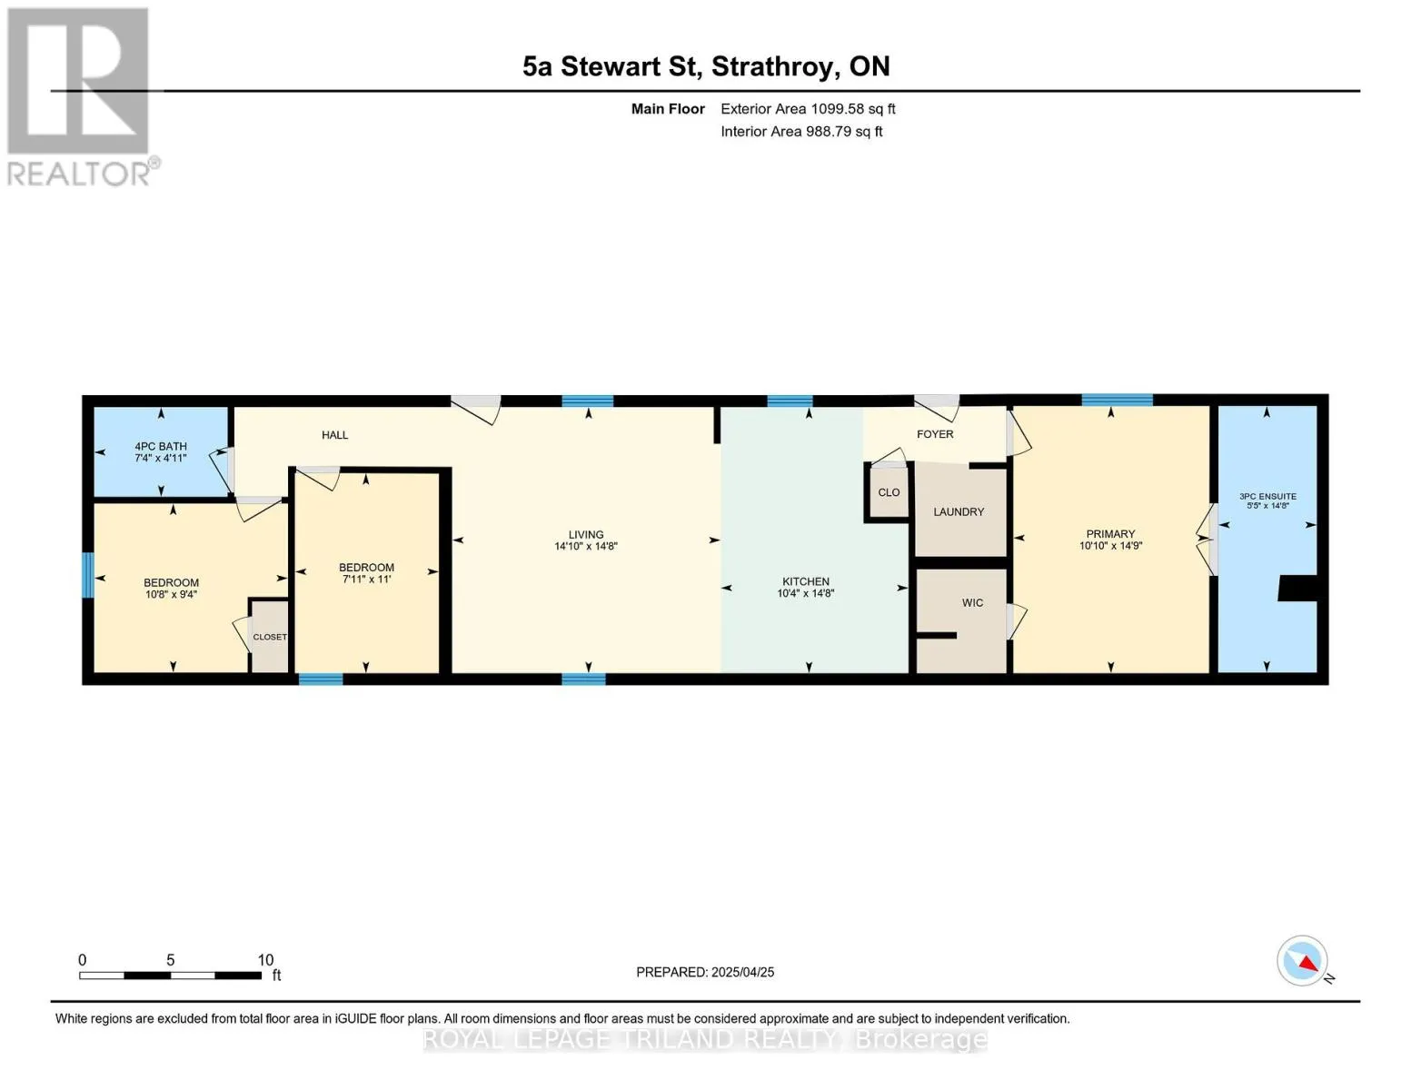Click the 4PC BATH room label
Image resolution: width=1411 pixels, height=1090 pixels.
pyautogui.click(x=161, y=446)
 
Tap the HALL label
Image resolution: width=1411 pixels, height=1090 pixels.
pyautogui.click(x=335, y=435)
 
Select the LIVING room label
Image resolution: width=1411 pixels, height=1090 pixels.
pyautogui.click(x=586, y=535)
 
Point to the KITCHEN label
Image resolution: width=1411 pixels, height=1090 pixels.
pyautogui.click(x=805, y=581)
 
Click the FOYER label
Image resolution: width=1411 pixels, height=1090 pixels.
pyautogui.click(x=935, y=434)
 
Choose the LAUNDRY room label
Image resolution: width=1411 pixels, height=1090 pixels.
pyautogui.click(x=959, y=512)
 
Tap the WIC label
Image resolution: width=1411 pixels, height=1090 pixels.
pyautogui.click(x=972, y=603)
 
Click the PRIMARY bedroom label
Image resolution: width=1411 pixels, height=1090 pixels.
pyautogui.click(x=1110, y=534)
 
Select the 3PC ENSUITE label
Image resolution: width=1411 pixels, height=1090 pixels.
pyautogui.click(x=1267, y=497)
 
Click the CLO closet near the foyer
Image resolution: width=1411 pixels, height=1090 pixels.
pyautogui.click(x=889, y=492)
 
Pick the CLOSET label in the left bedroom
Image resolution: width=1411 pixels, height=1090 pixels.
pyautogui.click(x=270, y=638)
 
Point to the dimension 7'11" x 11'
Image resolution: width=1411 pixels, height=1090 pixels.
pyautogui.click(x=366, y=580)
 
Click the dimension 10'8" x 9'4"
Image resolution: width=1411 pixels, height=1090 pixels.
pyautogui.click(x=171, y=594)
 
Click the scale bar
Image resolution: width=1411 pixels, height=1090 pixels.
pyautogui.click(x=170, y=976)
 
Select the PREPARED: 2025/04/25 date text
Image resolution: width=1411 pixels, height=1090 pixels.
pyautogui.click(x=705, y=973)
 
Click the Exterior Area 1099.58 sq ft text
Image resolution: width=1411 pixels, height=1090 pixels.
pyautogui.click(x=808, y=109)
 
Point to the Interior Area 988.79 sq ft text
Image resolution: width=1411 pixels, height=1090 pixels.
pyautogui.click(x=801, y=132)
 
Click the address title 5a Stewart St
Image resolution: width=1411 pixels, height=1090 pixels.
pyautogui.click(x=611, y=67)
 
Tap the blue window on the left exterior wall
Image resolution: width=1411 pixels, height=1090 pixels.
pyautogui.click(x=87, y=575)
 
